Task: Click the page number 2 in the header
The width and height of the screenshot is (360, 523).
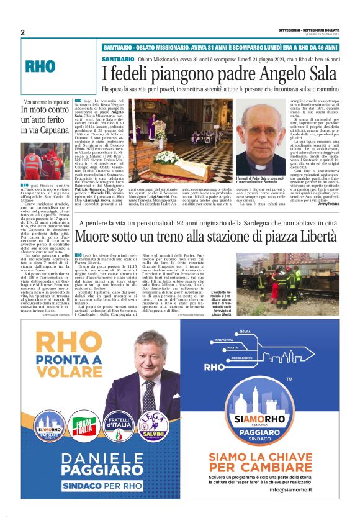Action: (x=22, y=32)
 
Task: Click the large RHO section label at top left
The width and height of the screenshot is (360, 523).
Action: (x=41, y=68)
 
